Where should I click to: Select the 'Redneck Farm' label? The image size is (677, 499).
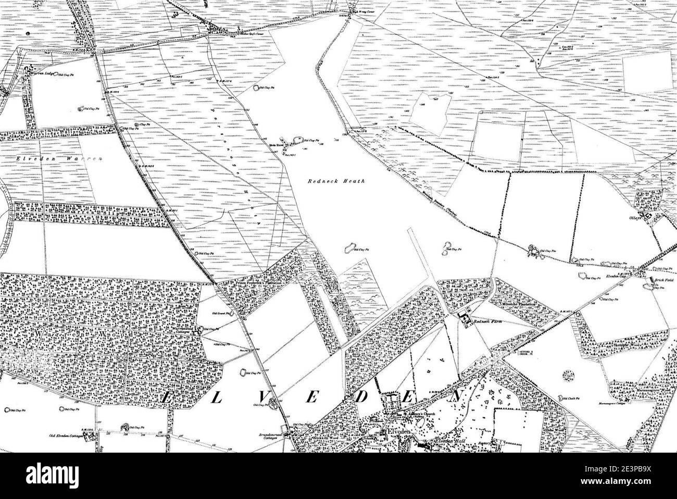490,322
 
